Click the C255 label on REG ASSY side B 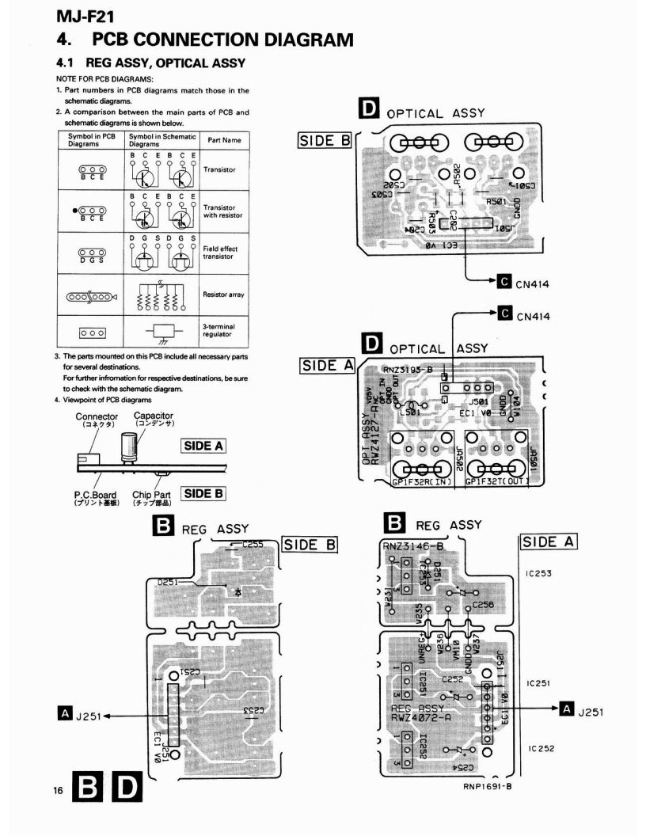(253, 545)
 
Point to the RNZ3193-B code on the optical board (409, 368)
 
